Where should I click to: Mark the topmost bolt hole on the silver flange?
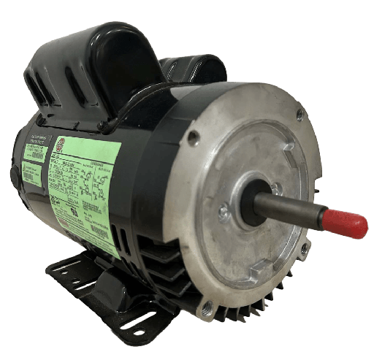(299, 114)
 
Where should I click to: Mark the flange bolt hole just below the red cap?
(304, 248)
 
